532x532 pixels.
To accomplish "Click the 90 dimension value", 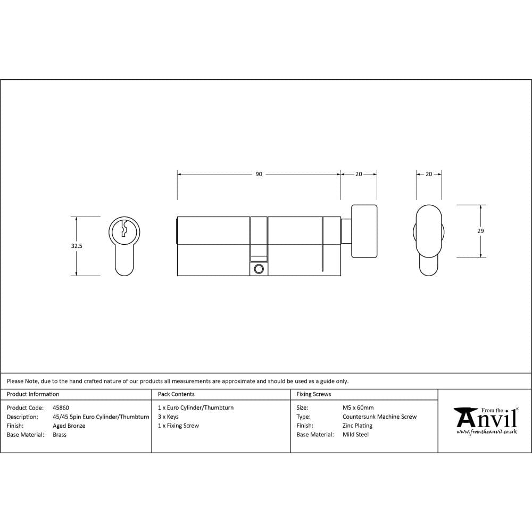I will click(x=259, y=174).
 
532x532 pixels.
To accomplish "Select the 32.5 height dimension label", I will click(x=77, y=246).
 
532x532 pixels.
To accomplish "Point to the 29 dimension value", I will click(x=480, y=231).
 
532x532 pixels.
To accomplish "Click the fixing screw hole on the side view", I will click(x=259, y=269).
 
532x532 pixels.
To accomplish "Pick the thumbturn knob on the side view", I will click(x=364, y=231).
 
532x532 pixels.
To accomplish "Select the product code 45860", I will click(x=61, y=408).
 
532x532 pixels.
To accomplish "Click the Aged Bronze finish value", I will click(x=69, y=426).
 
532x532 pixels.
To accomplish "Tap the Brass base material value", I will click(x=60, y=435).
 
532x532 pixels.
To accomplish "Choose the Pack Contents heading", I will click(x=176, y=394).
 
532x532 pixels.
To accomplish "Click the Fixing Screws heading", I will click(x=313, y=394).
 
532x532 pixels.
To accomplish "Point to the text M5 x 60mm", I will click(x=358, y=408).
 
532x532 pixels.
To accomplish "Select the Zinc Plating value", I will click(x=358, y=426).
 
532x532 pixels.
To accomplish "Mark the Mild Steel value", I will click(x=355, y=435).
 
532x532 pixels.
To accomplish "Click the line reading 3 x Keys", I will click(x=168, y=417).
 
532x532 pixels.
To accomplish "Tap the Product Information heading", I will click(x=33, y=394).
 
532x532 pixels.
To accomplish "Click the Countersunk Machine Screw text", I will click(x=379, y=417).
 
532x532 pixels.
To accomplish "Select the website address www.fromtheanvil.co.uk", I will click(x=486, y=432).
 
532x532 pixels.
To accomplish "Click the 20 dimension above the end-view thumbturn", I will click(x=429, y=174).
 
